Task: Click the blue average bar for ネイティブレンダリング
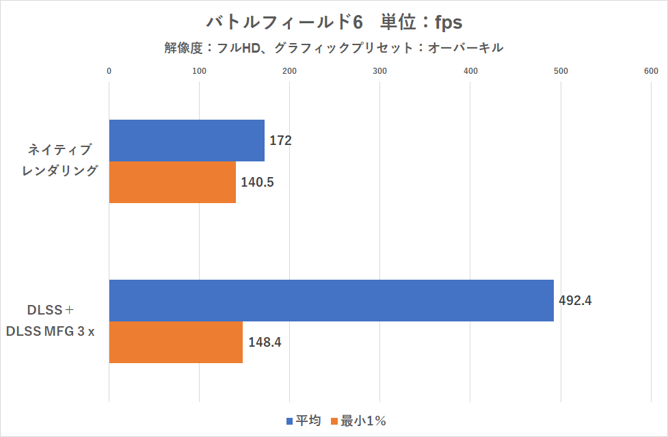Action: [187, 141]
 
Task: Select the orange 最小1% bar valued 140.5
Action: [172, 183]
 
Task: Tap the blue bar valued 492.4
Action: [331, 300]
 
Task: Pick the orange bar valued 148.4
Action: [176, 342]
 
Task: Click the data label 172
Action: [281, 141]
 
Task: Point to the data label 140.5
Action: [258, 183]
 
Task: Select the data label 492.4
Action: [575, 300]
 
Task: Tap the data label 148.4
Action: [265, 342]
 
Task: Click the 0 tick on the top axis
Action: [109, 70]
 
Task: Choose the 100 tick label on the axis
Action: [199, 70]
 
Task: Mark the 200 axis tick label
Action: [289, 70]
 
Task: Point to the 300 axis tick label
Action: [379, 70]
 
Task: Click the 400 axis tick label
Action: [470, 70]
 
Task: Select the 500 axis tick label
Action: [561, 70]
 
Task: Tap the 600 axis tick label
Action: [651, 70]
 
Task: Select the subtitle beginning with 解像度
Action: [334, 48]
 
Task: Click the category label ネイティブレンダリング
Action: [59, 161]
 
